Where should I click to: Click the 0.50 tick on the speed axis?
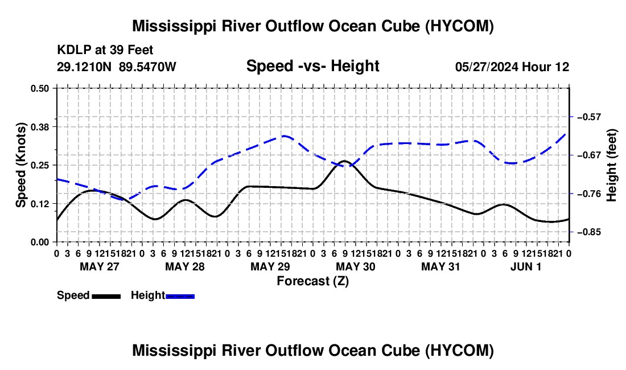click(x=39, y=88)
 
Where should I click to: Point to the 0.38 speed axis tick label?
click(x=39, y=127)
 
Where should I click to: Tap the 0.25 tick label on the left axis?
click(x=39, y=165)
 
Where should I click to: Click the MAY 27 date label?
click(x=100, y=266)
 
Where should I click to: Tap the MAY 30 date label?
click(x=355, y=266)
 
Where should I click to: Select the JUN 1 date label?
click(x=526, y=266)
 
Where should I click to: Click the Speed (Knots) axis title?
click(x=20, y=165)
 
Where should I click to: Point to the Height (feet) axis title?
click(x=611, y=165)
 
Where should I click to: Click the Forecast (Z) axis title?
click(x=313, y=281)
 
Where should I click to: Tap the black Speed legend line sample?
click(x=106, y=297)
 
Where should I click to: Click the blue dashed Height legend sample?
click(x=180, y=297)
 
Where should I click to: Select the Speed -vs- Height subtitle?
click(x=312, y=66)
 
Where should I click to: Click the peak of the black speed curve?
click(x=344, y=161)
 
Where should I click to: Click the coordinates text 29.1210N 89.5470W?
click(x=116, y=67)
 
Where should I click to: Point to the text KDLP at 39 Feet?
click(x=105, y=50)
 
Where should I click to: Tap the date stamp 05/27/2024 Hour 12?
click(x=512, y=67)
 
